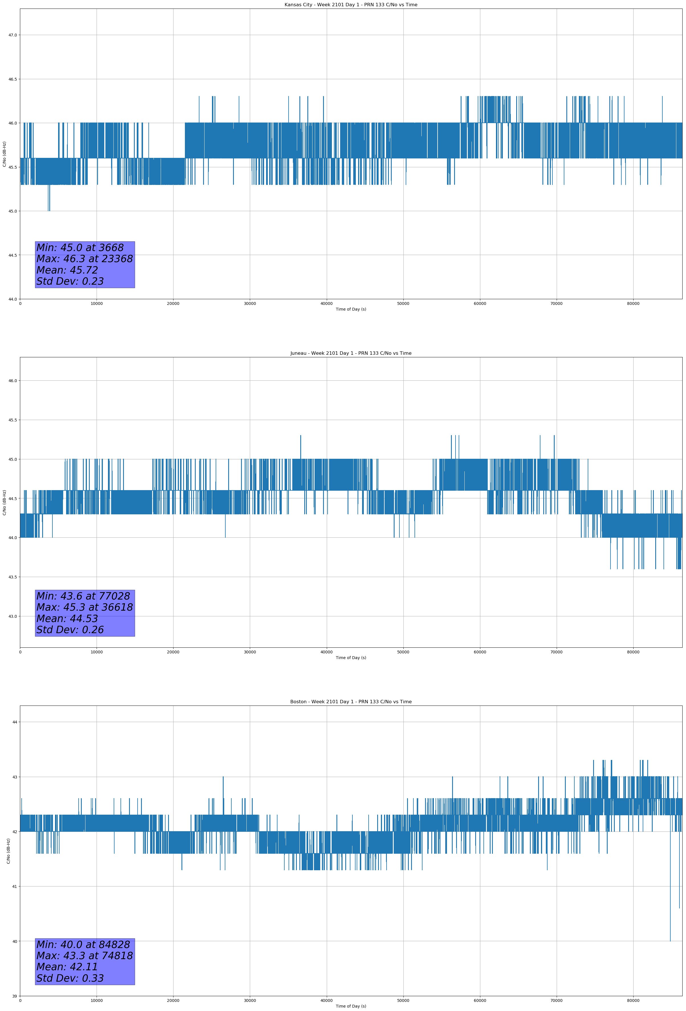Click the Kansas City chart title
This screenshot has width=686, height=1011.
point(351,5)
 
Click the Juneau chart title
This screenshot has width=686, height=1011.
point(351,353)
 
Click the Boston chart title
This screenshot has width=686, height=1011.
point(351,702)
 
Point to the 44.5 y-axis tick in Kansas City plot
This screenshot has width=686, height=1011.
point(13,255)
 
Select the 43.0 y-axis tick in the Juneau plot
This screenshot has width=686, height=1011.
point(13,616)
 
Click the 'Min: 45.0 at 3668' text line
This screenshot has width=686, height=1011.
point(80,248)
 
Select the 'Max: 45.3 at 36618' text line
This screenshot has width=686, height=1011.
point(84,607)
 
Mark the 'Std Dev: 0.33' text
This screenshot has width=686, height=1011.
point(70,978)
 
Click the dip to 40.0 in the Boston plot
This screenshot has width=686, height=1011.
point(670,941)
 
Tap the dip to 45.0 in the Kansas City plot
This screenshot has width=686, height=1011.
point(49,211)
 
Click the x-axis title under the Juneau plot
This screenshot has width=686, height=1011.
point(351,658)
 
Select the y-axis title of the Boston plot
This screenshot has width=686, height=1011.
point(8,851)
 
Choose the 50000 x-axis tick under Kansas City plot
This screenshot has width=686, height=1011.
point(403,304)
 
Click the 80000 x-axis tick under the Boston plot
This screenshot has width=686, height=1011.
point(633,1000)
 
